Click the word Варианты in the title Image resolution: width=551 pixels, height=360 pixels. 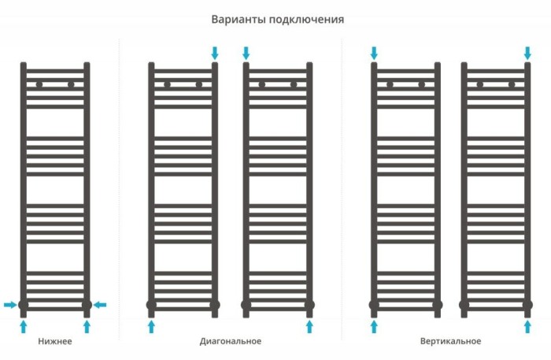(236, 19)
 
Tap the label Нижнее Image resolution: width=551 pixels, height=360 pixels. (55, 341)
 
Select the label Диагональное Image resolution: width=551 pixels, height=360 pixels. (230, 341)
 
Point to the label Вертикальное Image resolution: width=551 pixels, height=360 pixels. (450, 341)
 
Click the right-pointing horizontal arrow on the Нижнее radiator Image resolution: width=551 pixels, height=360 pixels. (9, 305)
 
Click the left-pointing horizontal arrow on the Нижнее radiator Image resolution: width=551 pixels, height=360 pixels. (100, 305)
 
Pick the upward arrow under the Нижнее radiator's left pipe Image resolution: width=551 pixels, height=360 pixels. (24, 325)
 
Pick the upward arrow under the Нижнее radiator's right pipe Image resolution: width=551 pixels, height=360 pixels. (87, 325)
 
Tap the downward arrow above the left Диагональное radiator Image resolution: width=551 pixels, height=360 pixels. (215, 53)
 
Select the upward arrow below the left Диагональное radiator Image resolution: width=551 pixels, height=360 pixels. (151, 325)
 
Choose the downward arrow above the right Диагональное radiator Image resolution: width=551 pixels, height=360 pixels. (246, 53)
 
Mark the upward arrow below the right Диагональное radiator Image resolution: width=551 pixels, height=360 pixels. (309, 325)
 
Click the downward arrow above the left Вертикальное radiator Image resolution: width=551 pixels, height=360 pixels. (374, 53)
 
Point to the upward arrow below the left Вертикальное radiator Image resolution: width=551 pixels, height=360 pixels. (374, 325)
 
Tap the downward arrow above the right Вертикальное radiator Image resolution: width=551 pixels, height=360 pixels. (527, 53)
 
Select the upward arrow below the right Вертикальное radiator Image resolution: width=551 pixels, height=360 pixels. (527, 325)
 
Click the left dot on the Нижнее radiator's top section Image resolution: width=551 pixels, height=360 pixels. (39, 84)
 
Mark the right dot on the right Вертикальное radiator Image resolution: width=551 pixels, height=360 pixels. (512, 84)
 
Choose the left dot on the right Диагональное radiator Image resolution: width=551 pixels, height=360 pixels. (262, 84)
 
